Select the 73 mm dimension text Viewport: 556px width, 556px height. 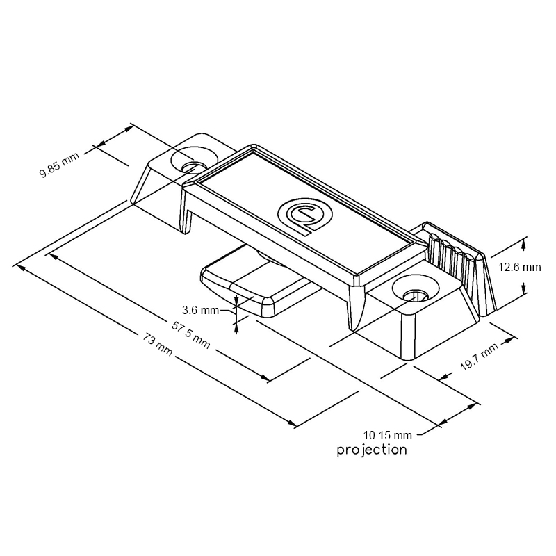click(x=156, y=342)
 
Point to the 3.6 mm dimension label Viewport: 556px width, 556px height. click(x=200, y=309)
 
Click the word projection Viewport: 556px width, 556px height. click(x=372, y=450)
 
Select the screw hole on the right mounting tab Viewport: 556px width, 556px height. click(x=415, y=293)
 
